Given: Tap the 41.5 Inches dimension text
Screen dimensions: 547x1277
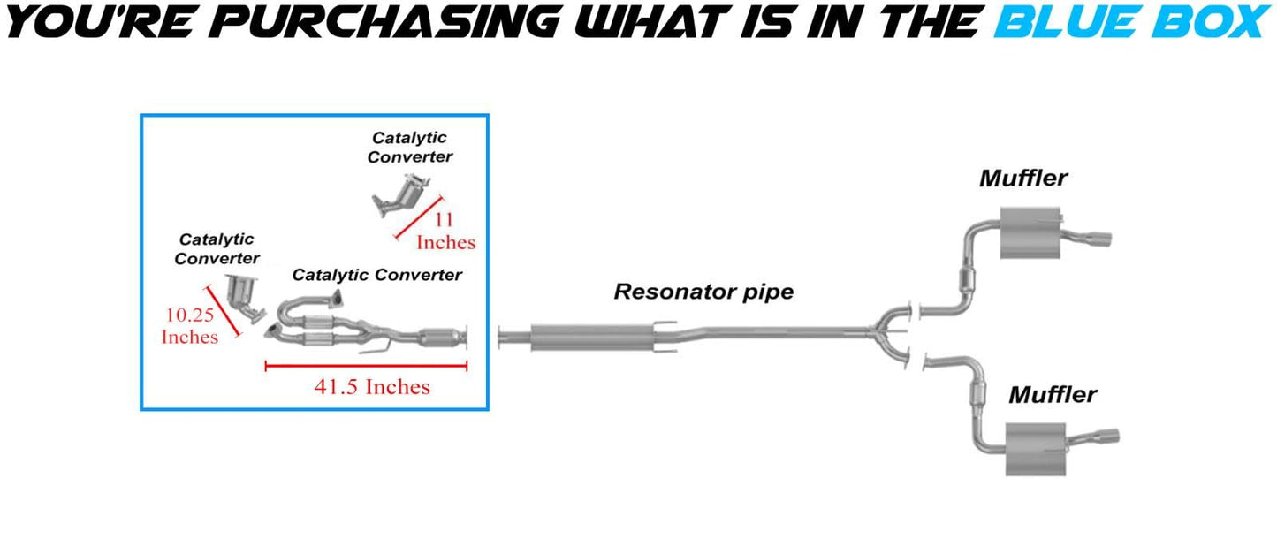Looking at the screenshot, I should click(x=372, y=386).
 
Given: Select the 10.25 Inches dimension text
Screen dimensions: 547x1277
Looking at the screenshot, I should click(x=189, y=325).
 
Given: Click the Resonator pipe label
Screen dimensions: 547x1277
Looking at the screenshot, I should click(x=703, y=291).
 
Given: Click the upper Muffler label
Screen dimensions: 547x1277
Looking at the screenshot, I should click(x=1022, y=178).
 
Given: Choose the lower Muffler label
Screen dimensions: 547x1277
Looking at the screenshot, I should click(x=1053, y=394).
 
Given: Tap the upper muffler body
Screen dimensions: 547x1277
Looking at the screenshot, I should click(x=1029, y=235).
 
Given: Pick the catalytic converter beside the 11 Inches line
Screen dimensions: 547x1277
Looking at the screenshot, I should click(x=404, y=195).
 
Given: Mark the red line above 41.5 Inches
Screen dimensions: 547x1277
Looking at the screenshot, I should click(x=366, y=364).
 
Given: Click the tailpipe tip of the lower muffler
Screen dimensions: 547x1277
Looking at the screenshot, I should click(x=1108, y=436).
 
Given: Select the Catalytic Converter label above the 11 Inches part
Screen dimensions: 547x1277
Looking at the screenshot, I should click(x=409, y=148).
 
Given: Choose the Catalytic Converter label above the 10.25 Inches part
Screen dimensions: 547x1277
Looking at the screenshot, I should click(x=217, y=248).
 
